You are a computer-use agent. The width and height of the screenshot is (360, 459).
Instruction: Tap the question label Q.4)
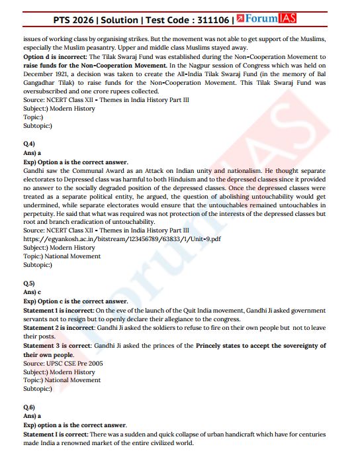click(x=28, y=144)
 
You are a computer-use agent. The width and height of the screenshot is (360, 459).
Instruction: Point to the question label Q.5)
click(x=28, y=283)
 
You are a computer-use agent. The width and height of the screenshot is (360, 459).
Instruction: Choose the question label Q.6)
click(x=28, y=406)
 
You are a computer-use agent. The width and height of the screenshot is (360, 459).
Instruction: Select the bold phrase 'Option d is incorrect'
click(x=56, y=58)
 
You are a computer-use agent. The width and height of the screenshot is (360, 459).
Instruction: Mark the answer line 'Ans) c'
click(x=32, y=291)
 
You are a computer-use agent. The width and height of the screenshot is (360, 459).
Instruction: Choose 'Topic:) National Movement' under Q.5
click(x=62, y=380)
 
